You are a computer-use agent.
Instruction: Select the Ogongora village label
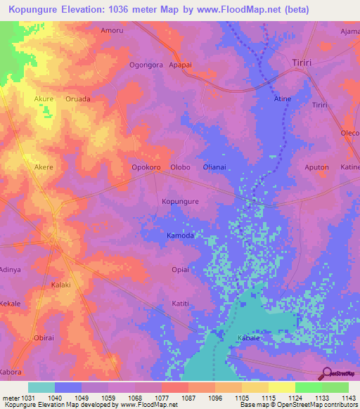click(146, 65)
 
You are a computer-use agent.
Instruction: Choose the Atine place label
click(282, 99)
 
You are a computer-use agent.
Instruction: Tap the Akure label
click(44, 99)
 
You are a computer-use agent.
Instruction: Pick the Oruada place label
click(78, 99)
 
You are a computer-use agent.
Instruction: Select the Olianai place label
click(214, 167)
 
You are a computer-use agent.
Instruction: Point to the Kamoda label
click(180, 236)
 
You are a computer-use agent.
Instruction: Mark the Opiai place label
click(180, 270)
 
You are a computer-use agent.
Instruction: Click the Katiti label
click(181, 304)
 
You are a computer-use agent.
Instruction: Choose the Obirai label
click(44, 338)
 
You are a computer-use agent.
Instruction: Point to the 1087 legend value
click(188, 398)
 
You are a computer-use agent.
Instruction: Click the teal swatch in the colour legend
click(41, 387)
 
